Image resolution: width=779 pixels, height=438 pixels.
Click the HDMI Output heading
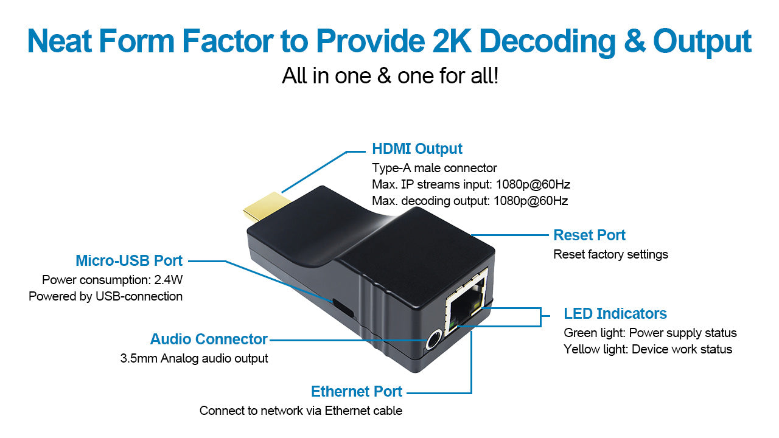pos(417,149)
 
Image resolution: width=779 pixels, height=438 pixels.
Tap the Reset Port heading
pos(589,235)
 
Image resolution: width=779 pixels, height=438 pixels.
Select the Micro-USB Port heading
pos(129,261)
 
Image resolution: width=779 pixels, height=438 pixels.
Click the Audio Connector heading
pos(209,339)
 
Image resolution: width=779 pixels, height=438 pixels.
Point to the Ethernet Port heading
pos(357,391)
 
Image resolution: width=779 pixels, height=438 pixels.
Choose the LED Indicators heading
pos(615,314)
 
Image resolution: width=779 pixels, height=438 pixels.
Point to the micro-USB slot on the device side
pos(343,307)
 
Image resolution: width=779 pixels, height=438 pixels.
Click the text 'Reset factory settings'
pos(610,254)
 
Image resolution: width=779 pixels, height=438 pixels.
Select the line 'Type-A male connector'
pos(434,168)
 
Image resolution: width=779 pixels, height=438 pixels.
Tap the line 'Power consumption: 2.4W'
pos(112,280)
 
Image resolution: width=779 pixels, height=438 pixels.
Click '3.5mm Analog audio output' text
pos(194,358)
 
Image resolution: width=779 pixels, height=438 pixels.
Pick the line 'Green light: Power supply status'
pos(650,333)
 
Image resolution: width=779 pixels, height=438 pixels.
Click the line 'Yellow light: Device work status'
pos(648,349)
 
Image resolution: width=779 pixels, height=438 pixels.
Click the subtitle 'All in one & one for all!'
pos(390,77)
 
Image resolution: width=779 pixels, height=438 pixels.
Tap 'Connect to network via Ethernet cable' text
pos(301,411)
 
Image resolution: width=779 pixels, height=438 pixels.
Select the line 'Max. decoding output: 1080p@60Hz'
pos(470,201)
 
